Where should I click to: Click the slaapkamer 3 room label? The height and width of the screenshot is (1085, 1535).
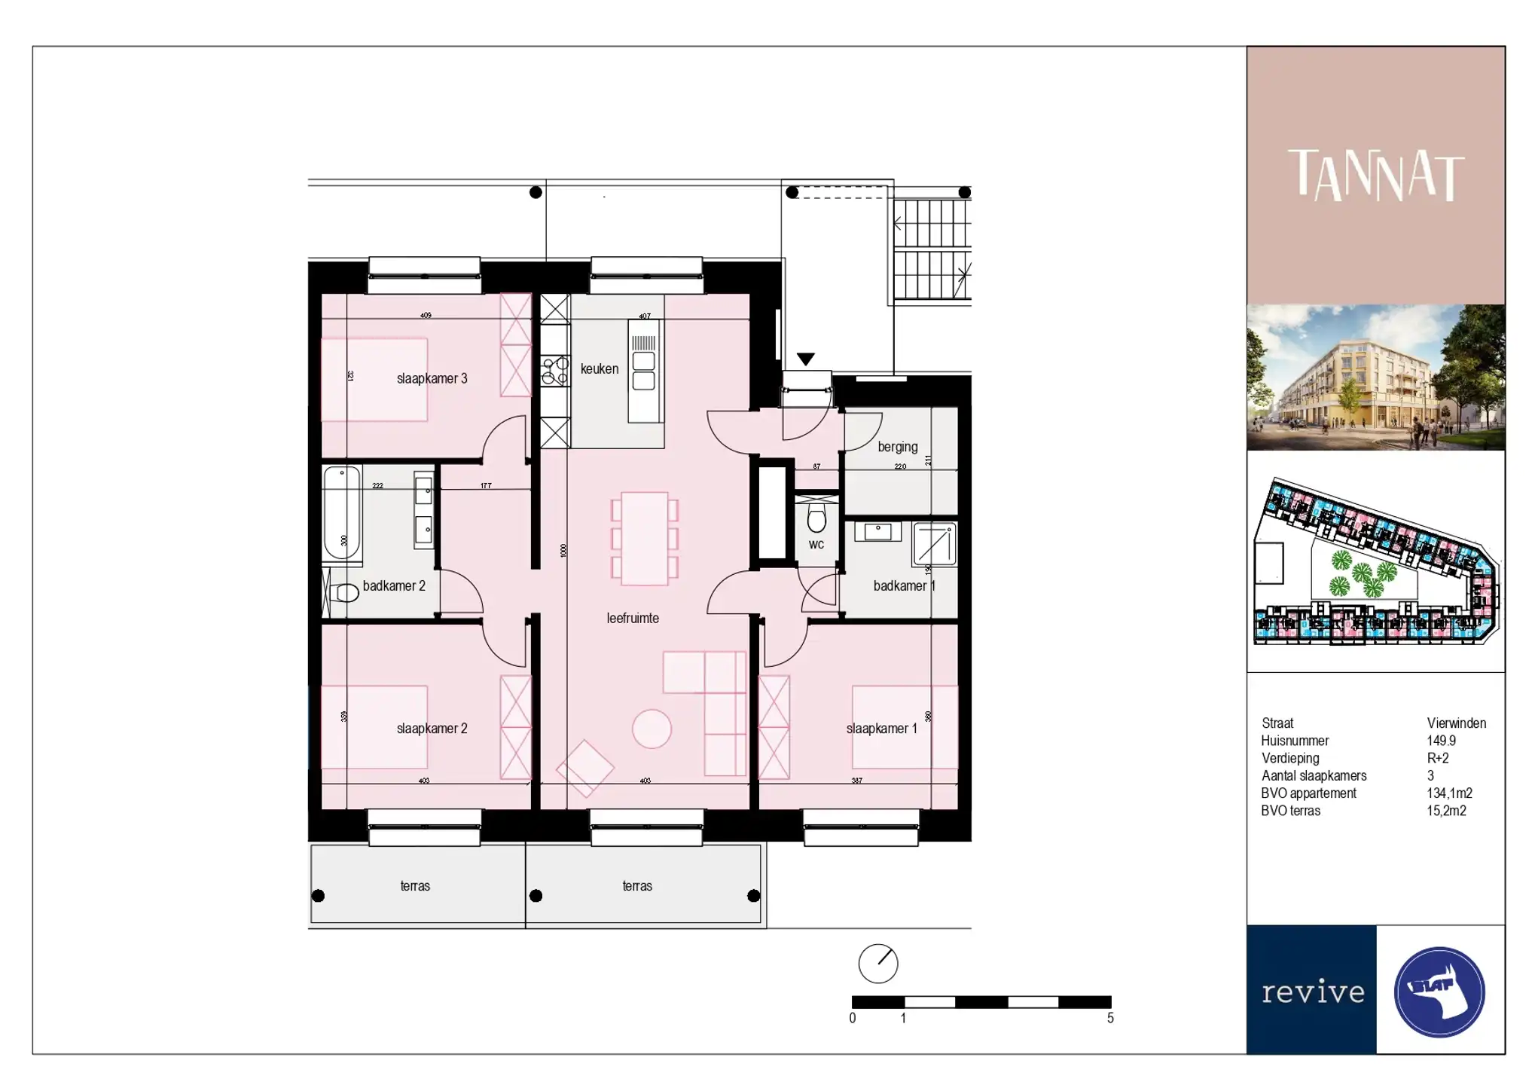click(432, 378)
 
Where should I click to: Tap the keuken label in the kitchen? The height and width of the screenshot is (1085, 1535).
click(599, 368)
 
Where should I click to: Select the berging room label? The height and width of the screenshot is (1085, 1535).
click(897, 446)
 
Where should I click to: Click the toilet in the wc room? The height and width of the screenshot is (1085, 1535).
click(816, 518)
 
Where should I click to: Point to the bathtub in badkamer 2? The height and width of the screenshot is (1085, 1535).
click(342, 512)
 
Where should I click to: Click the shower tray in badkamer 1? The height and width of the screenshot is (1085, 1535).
click(935, 544)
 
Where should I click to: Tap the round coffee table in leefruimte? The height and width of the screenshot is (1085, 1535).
click(651, 729)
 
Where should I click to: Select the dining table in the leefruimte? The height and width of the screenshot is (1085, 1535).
click(645, 538)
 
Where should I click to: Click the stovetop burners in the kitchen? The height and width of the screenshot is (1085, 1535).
click(555, 371)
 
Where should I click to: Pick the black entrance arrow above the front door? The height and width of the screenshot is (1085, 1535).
click(805, 359)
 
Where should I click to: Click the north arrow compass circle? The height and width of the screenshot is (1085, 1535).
click(878, 963)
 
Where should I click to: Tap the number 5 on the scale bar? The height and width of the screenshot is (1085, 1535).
click(1109, 1018)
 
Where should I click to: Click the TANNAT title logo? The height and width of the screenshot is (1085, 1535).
click(1375, 175)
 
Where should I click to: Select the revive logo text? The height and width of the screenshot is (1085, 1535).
click(1312, 992)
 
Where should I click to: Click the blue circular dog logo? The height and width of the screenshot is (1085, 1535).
click(1439, 992)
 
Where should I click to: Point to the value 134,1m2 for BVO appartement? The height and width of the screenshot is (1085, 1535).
click(1448, 793)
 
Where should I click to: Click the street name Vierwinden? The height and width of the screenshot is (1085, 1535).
click(1456, 723)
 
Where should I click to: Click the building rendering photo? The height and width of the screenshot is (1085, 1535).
click(1375, 377)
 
